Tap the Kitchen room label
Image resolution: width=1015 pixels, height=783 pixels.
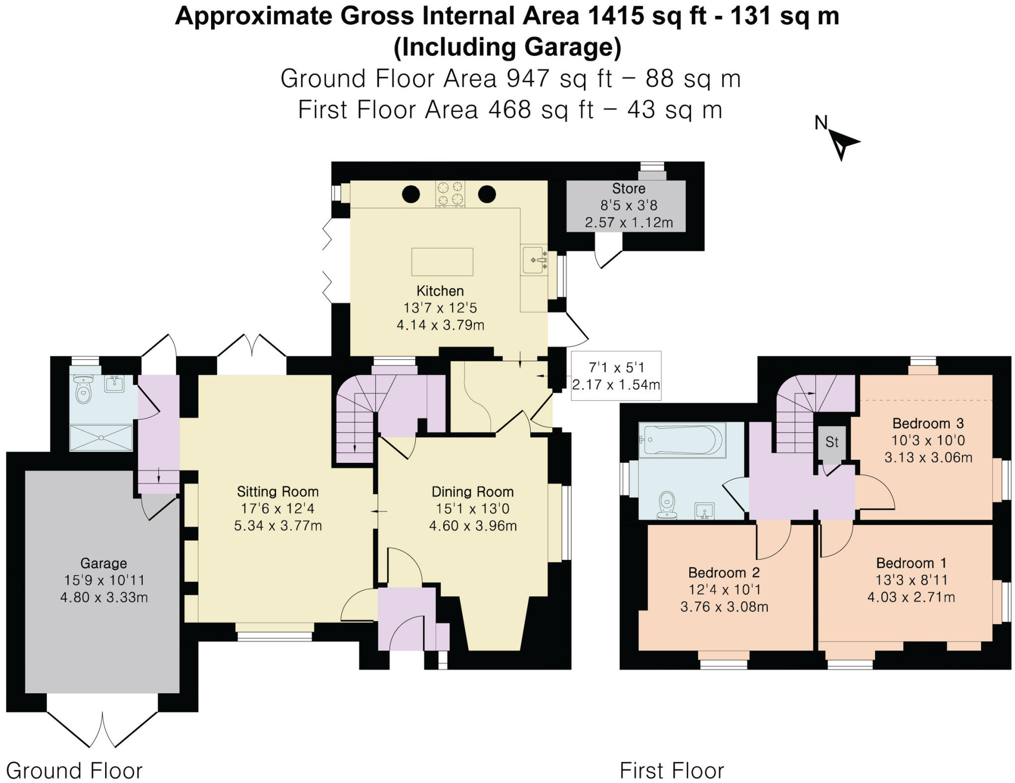[x=440, y=291]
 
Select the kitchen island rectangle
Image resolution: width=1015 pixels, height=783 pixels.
[x=442, y=262]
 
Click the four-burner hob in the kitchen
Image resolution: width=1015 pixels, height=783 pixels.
[x=451, y=193]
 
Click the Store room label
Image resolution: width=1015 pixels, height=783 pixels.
[x=628, y=189]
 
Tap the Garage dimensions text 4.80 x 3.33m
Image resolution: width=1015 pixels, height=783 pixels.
[x=104, y=597]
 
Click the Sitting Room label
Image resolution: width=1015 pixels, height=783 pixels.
[x=278, y=492]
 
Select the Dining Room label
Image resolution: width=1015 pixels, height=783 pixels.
[x=472, y=492]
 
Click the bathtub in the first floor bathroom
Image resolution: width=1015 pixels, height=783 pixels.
[x=682, y=440]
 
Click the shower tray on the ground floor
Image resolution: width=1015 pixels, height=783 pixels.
[x=101, y=438]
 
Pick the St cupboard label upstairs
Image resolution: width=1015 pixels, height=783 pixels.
[x=832, y=442]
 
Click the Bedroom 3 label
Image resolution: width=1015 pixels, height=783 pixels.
[x=928, y=423]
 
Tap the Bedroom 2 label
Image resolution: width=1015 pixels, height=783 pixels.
[x=724, y=573]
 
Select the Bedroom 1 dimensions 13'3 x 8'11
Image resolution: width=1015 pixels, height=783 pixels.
[x=911, y=580]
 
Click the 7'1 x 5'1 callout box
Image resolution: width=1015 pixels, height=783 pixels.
[x=616, y=376]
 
